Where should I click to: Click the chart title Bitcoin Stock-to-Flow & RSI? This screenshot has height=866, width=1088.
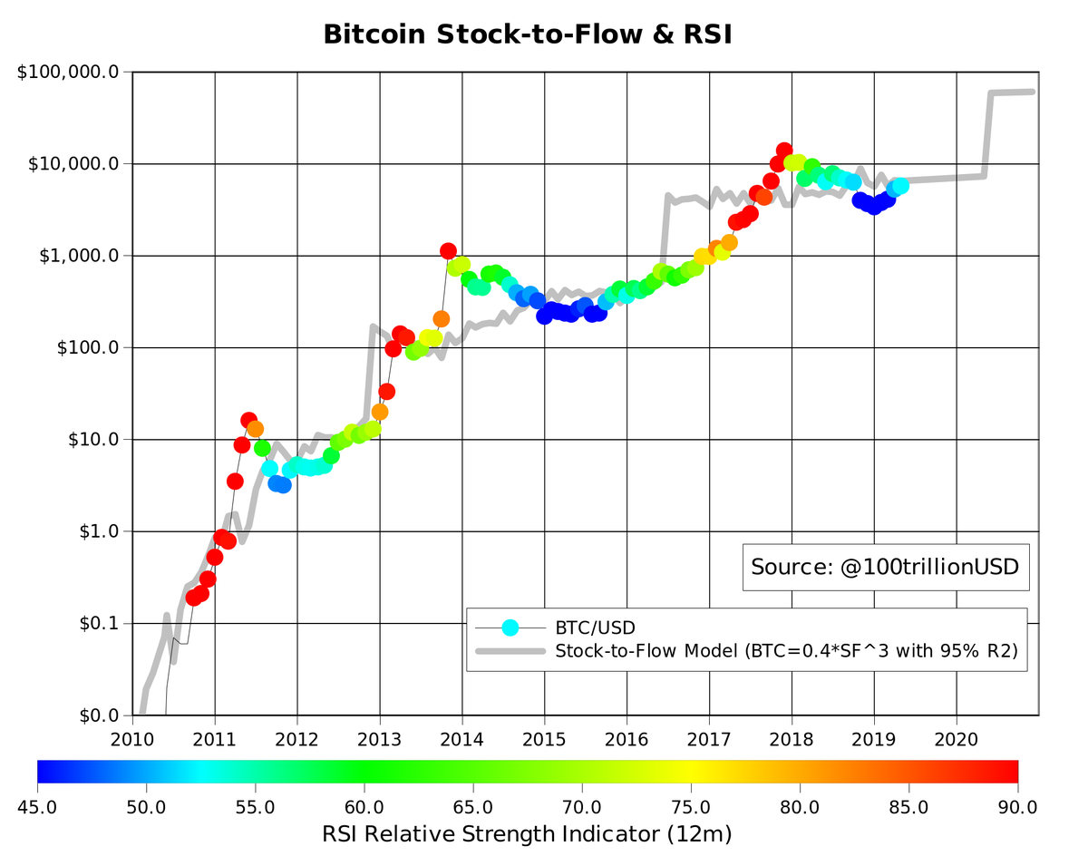click(527, 34)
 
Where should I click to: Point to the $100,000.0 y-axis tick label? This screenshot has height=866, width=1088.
click(69, 72)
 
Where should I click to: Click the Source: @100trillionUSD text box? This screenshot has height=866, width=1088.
click(885, 568)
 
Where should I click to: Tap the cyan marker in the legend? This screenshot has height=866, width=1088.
click(510, 627)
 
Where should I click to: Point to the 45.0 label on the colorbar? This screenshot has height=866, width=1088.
click(38, 806)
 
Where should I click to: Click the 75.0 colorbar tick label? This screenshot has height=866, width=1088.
click(691, 806)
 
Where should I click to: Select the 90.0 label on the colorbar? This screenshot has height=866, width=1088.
click(1017, 806)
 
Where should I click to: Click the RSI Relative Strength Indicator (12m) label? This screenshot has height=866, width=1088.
click(527, 833)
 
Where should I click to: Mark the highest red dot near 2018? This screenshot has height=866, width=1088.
click(784, 151)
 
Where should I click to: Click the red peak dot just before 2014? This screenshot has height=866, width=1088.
click(448, 250)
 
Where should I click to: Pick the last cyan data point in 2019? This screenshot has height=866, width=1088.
click(900, 186)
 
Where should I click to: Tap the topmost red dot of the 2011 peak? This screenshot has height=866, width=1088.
click(248, 420)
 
